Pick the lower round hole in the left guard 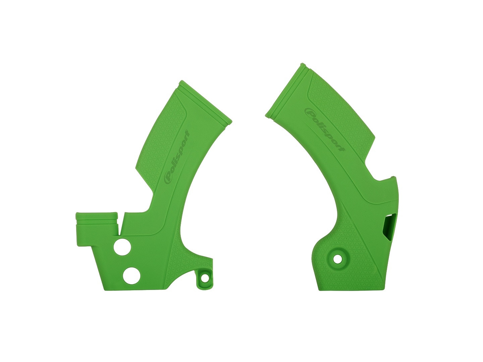tap(132, 276)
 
